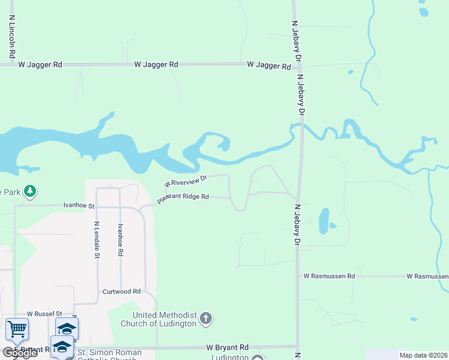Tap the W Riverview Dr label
(x=186, y=180)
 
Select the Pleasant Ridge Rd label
(x=182, y=198)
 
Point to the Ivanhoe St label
(x=79, y=205)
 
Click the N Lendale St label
(x=97, y=240)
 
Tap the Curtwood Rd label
(x=121, y=291)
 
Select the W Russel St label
(x=44, y=314)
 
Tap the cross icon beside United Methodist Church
(x=206, y=318)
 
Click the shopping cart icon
(x=17, y=329)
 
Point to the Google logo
(x=19, y=353)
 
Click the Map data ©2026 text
(x=423, y=355)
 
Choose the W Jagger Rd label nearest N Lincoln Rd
(x=40, y=64)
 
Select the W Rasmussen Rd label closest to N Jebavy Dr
(x=329, y=276)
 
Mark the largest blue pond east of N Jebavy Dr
(x=324, y=220)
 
